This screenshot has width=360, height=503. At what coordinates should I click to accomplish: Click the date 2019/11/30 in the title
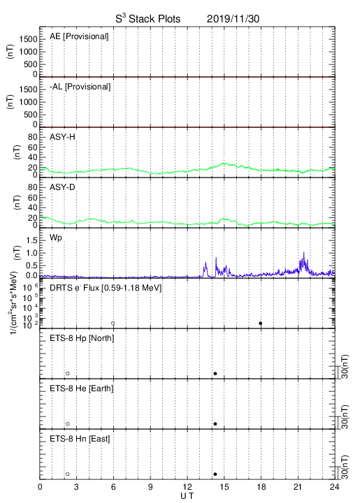point(233,19)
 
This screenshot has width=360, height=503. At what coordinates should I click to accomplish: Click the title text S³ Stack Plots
point(148,19)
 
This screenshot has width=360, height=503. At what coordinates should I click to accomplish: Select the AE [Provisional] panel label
point(79,36)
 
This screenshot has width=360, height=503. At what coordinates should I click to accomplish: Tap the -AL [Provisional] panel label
point(80,87)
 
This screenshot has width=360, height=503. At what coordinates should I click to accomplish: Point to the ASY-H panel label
point(62,137)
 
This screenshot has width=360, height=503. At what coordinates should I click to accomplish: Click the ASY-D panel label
point(62,187)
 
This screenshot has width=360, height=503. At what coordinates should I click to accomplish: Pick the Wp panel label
point(55,238)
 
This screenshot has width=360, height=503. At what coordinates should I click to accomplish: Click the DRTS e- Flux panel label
point(106,288)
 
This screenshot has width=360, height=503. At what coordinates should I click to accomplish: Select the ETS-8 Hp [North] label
point(82,338)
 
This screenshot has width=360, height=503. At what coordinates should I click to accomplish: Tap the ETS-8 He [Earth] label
point(82,388)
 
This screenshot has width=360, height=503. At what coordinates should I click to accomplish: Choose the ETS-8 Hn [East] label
point(80,439)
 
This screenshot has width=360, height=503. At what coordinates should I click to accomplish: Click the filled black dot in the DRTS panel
point(261,323)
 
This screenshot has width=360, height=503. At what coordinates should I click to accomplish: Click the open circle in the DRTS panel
point(113,323)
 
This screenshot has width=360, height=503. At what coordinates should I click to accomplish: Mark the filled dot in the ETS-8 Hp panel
point(215,373)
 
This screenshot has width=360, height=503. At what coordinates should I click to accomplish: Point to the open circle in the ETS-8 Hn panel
point(68,474)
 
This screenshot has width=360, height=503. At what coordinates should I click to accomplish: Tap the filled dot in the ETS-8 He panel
point(215,424)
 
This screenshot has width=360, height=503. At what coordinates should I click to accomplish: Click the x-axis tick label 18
point(261,487)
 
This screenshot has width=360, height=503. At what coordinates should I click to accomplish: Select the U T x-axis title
point(187,496)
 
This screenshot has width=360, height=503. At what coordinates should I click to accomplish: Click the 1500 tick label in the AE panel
point(28,39)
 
